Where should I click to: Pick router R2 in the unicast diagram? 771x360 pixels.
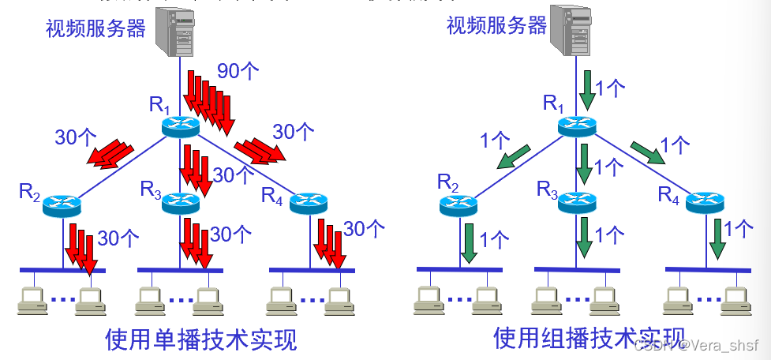click(x=62, y=204)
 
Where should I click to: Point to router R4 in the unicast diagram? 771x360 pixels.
click(x=309, y=203)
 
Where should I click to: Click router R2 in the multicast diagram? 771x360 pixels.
click(x=460, y=204)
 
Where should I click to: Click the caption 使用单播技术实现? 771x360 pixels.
click(x=201, y=339)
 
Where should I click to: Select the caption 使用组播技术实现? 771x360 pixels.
click(x=589, y=337)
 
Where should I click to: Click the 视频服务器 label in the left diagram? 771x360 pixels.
click(x=95, y=28)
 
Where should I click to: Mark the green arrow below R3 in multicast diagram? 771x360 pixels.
click(x=586, y=238)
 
